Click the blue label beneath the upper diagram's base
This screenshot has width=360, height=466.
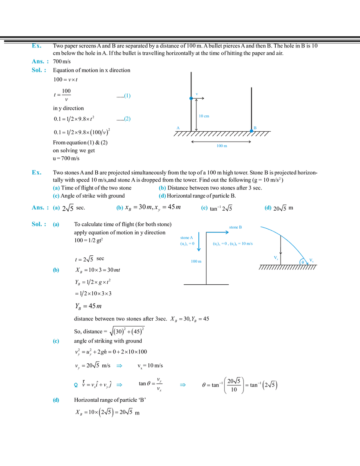click(x=222, y=146)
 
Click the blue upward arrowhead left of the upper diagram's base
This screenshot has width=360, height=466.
click(x=178, y=126)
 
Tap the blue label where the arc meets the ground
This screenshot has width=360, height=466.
click(x=306, y=261)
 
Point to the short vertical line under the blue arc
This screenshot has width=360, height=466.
click(x=279, y=250)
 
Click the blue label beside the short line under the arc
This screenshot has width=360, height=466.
click(x=275, y=258)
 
